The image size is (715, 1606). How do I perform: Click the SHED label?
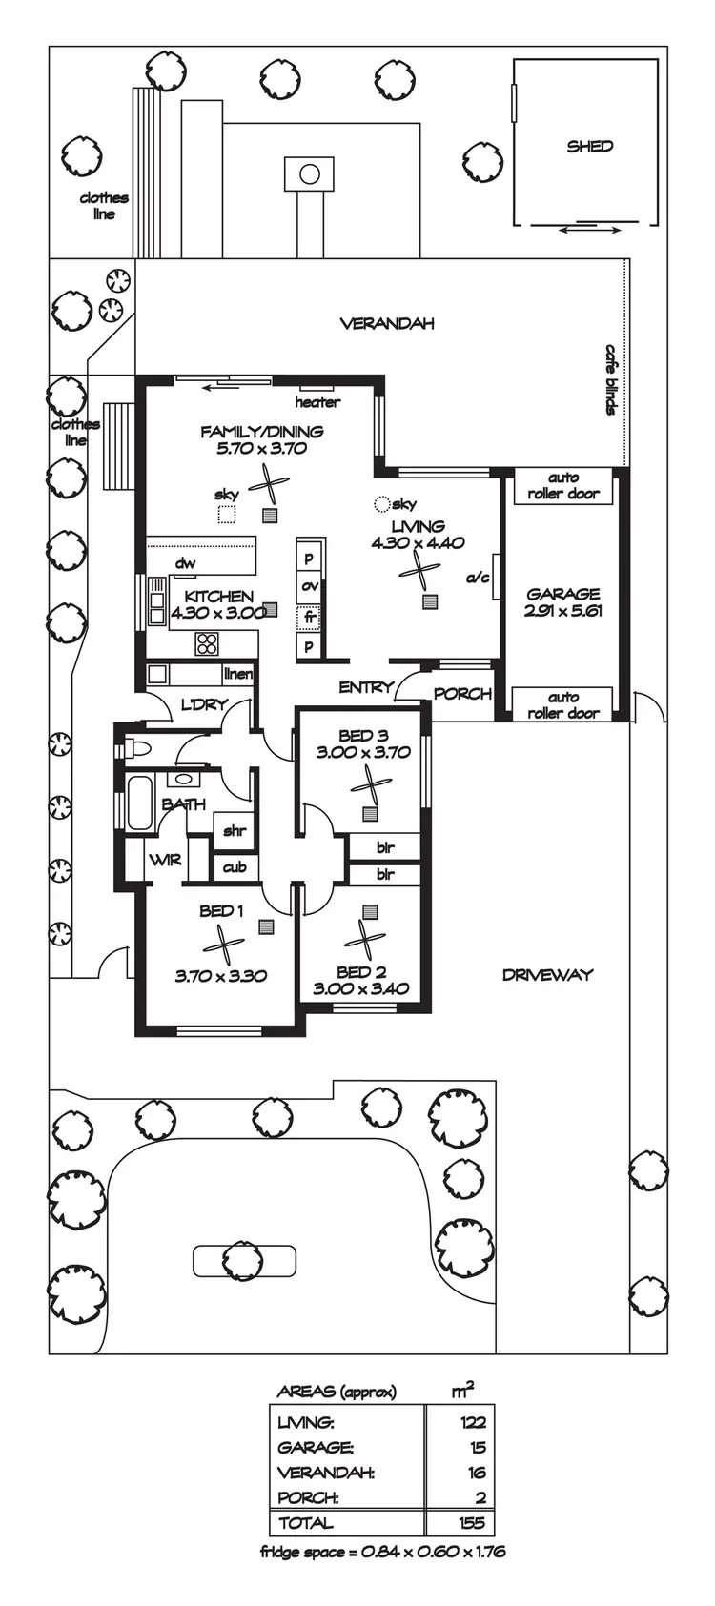pyautogui.click(x=589, y=147)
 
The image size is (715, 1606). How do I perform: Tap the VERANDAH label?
pyautogui.click(x=387, y=323)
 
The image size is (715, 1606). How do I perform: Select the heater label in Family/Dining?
pyautogui.click(x=317, y=402)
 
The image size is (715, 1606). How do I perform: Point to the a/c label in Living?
pyautogui.click(x=478, y=577)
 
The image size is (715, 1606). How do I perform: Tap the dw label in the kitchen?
pyautogui.click(x=185, y=563)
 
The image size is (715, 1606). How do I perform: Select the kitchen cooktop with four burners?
pyautogui.click(x=207, y=643)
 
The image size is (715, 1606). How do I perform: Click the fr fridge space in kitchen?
pyautogui.click(x=310, y=617)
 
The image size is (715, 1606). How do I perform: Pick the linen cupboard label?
pyautogui.click(x=237, y=674)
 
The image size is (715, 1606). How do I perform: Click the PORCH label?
pyautogui.click(x=462, y=694)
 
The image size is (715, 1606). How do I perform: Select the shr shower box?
pyautogui.click(x=235, y=830)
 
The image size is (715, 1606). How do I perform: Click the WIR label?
pyautogui.click(x=164, y=861)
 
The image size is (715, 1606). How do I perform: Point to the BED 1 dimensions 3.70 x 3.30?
pyautogui.click(x=220, y=976)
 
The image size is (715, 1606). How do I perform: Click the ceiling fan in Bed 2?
pyautogui.click(x=364, y=940)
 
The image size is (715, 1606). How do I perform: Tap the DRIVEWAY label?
pyautogui.click(x=547, y=974)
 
